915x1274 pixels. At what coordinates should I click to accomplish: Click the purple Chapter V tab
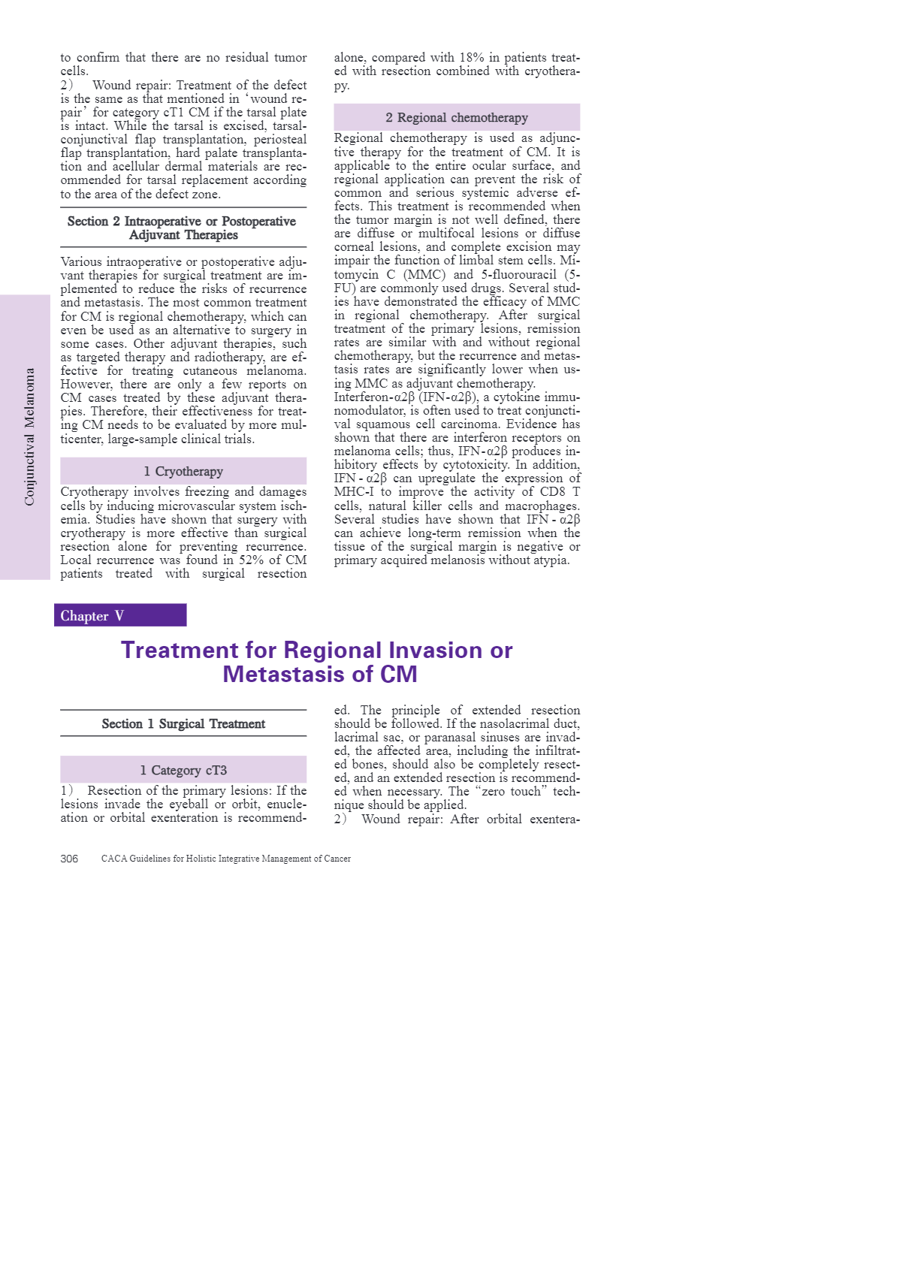120,615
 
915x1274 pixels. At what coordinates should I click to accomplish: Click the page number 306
69,859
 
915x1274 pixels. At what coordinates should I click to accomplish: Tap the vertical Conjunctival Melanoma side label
29,436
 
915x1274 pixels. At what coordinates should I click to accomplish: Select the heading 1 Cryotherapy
183,471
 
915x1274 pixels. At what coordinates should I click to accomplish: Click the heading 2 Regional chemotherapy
457,117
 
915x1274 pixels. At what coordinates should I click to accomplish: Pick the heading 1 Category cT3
183,770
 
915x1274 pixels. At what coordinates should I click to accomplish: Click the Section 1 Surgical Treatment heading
183,723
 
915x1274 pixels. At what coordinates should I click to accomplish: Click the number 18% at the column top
472,58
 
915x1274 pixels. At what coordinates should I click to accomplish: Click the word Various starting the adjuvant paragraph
83,261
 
